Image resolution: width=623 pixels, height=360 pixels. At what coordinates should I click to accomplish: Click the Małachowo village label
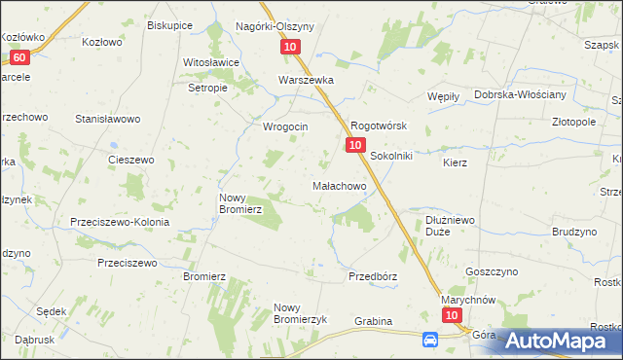click(338, 185)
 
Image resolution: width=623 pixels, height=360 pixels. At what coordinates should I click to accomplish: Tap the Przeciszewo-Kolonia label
click(120, 222)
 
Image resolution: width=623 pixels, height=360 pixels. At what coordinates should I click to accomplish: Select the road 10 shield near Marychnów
click(451, 316)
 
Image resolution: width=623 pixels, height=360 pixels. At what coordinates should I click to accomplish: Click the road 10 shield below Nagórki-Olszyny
click(292, 47)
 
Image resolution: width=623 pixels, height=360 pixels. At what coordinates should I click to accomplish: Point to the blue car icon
click(430, 340)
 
